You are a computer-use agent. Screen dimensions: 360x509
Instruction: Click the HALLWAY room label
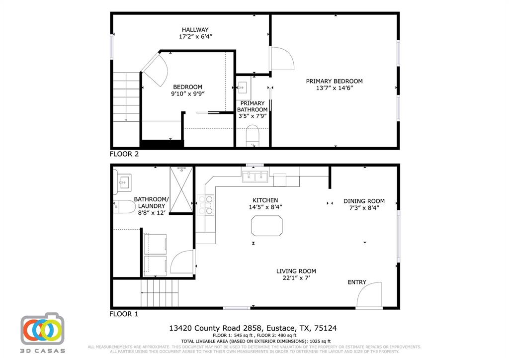tap(195, 30)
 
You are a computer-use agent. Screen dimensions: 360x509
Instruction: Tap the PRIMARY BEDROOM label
tap(334, 81)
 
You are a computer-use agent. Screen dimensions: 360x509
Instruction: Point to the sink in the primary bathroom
tap(243, 88)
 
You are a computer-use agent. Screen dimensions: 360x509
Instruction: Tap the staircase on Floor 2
tap(126, 97)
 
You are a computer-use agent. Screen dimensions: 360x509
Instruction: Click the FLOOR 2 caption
tap(124, 154)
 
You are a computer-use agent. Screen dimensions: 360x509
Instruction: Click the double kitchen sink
tap(255, 177)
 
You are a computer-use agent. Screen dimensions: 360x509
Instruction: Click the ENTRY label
tap(356, 282)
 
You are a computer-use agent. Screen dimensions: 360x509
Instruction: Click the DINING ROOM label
tap(364, 201)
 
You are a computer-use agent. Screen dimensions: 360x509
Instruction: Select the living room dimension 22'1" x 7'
tap(296, 278)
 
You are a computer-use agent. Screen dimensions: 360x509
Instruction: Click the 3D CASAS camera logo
tap(43, 330)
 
